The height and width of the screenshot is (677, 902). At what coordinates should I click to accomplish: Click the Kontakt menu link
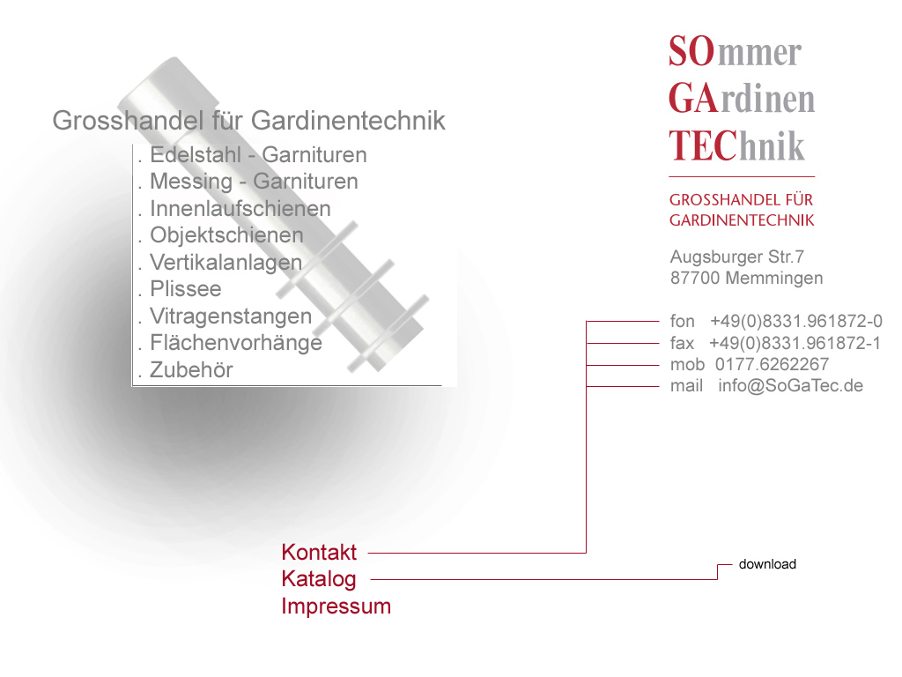(319, 552)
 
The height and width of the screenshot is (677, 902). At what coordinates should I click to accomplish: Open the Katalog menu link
(319, 579)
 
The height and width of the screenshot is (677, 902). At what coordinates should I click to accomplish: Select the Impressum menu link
(336, 606)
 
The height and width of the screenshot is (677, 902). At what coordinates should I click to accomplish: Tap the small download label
(767, 564)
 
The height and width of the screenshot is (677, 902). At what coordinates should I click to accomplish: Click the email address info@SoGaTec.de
(790, 386)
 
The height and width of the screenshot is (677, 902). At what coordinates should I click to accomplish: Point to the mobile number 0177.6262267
(772, 364)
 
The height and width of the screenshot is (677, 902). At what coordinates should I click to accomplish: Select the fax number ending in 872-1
(795, 343)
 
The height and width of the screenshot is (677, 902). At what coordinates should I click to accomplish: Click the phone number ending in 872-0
(796, 321)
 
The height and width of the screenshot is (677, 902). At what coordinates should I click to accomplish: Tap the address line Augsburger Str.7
(737, 257)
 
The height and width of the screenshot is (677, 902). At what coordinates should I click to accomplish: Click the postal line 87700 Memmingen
(747, 278)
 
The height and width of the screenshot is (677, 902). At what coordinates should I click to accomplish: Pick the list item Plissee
(185, 289)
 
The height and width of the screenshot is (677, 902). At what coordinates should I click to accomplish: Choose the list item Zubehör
(191, 369)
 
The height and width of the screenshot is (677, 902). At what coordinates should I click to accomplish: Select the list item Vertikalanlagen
(225, 263)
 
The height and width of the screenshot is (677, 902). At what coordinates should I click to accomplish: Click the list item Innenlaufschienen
(240, 208)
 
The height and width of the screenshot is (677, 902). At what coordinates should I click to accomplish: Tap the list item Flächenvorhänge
(236, 343)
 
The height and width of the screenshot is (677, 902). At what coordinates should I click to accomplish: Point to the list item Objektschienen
(226, 235)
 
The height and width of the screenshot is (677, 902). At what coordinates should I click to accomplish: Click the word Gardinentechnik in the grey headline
(348, 121)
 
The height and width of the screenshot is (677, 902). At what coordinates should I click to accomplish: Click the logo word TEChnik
(736, 145)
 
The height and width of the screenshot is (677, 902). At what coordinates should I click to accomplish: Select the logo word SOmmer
(735, 52)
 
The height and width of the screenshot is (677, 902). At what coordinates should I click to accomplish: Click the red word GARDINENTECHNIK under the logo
(742, 220)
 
